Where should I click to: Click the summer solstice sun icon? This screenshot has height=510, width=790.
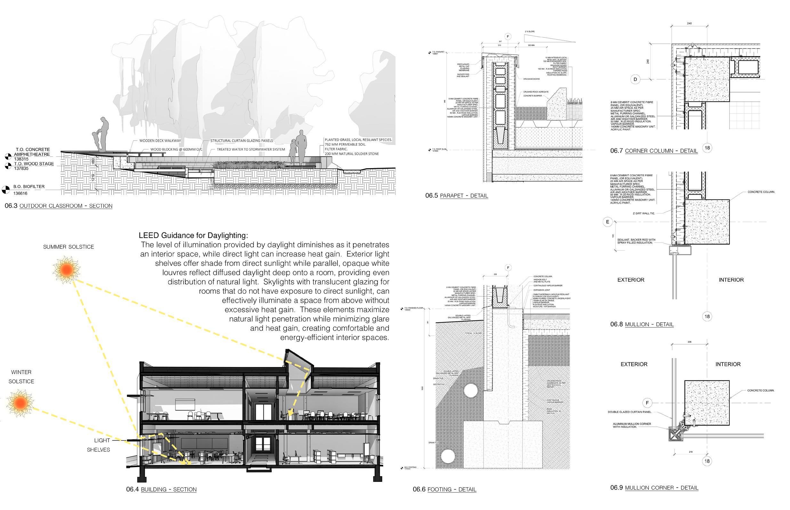[x=66, y=270]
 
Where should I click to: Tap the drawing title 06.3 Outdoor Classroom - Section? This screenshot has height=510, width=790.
[x=59, y=206]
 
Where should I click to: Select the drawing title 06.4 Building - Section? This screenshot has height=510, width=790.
[x=161, y=489]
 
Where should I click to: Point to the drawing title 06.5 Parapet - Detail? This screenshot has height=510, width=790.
[x=456, y=195]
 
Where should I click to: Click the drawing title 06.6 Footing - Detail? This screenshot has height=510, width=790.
[x=444, y=489]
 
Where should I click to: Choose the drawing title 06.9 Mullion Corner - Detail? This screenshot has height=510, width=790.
[x=654, y=488]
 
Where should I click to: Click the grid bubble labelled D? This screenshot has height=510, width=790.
[x=635, y=80]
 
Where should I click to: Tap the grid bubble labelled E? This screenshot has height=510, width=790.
[x=607, y=222]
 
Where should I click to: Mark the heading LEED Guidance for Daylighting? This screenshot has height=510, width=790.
[x=193, y=235]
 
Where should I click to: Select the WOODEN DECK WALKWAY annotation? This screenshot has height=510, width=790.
[x=160, y=141]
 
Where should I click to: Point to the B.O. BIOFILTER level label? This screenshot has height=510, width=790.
[x=29, y=186]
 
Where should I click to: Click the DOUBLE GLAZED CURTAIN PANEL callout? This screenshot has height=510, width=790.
[x=630, y=412]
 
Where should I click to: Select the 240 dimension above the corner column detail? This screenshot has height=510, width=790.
[x=689, y=24]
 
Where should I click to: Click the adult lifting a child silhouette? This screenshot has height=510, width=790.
[x=101, y=135]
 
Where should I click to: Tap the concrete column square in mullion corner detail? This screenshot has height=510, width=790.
[x=707, y=403]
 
